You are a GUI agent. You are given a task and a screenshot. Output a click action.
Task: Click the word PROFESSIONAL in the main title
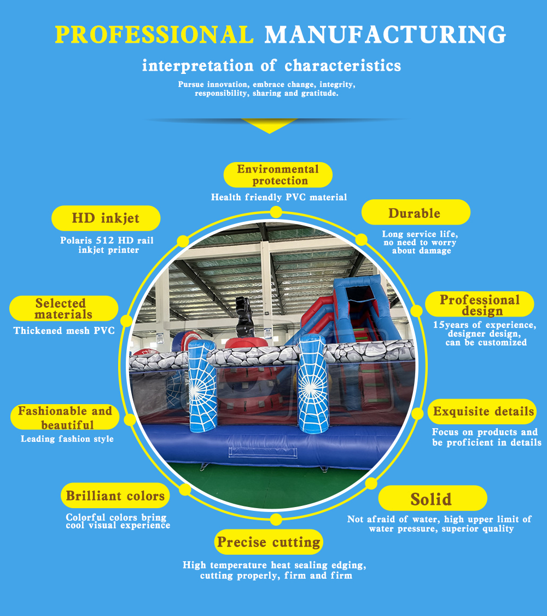point(154,34)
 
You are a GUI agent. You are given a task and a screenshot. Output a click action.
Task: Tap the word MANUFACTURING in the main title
point(385,34)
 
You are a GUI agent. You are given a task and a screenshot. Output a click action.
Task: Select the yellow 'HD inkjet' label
point(106,218)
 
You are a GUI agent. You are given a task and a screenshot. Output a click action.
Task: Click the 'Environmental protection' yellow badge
point(278,175)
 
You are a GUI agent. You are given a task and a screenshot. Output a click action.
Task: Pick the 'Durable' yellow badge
point(415,212)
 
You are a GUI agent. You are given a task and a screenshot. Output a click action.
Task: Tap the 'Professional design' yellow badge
point(479,304)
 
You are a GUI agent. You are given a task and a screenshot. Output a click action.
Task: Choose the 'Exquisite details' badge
point(482,412)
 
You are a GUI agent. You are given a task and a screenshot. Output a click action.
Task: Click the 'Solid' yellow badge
point(432,498)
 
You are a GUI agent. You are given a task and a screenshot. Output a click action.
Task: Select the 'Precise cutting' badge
point(269,542)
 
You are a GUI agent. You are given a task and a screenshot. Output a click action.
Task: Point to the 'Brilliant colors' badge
point(115,496)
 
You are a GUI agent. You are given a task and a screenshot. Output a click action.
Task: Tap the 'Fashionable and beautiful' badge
point(65,417)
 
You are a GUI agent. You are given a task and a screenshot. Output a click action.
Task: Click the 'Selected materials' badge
point(63,308)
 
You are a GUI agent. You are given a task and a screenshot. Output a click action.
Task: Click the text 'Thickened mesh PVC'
point(64,331)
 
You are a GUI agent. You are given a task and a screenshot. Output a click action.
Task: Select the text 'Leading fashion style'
point(67,439)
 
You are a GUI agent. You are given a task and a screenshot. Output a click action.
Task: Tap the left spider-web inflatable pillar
point(202,386)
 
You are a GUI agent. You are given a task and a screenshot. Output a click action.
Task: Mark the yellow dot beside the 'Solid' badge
point(371,483)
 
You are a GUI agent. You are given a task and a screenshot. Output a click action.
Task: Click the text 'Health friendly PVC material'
point(279,197)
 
